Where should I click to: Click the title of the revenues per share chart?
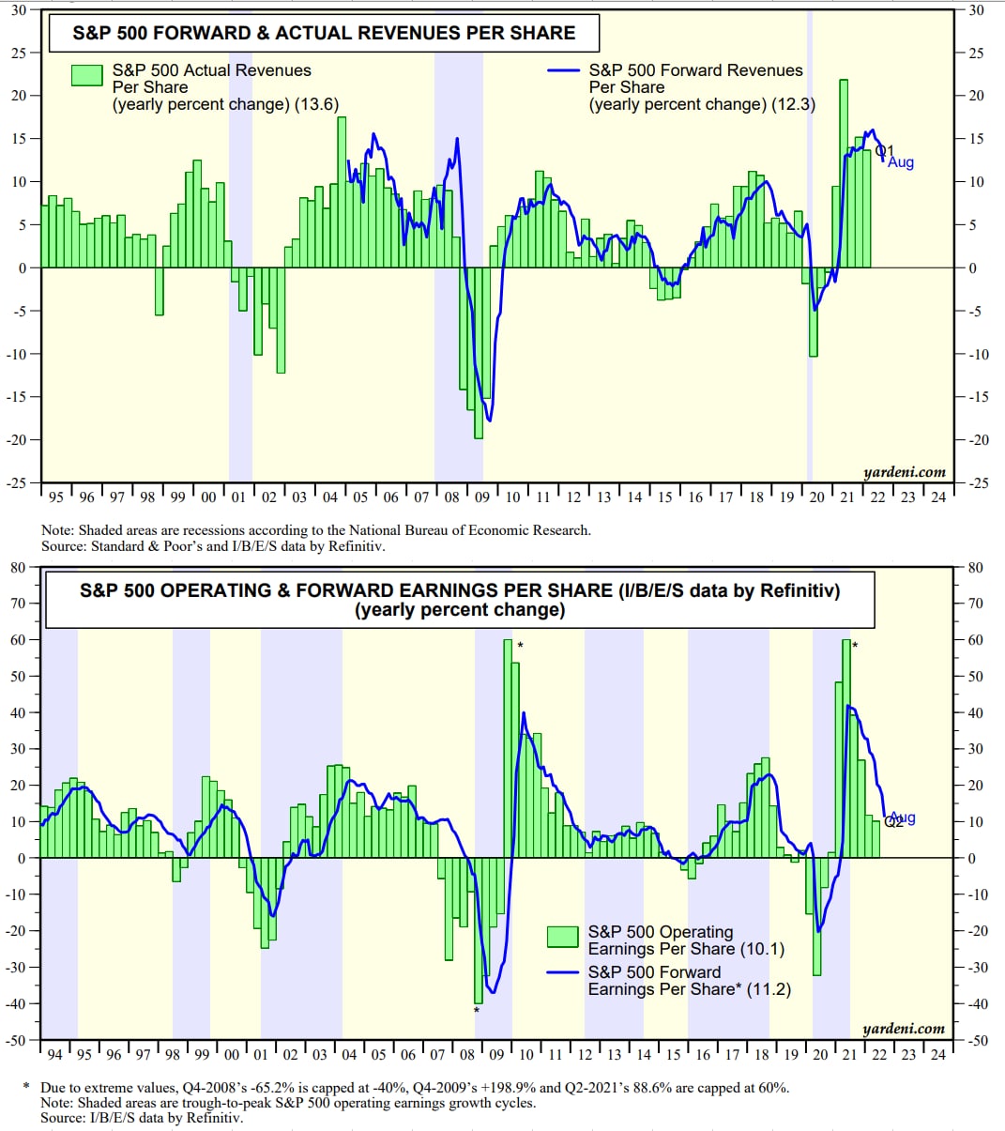click(324, 33)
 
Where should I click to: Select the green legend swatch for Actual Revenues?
click(87, 76)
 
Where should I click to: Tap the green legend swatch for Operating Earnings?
click(563, 936)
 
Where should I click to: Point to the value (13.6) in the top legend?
click(316, 104)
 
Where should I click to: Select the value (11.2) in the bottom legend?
click(769, 989)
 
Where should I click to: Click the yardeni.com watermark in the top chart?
click(904, 472)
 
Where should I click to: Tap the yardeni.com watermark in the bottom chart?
click(904, 1028)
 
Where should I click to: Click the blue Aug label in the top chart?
click(901, 162)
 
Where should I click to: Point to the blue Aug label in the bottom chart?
click(903, 818)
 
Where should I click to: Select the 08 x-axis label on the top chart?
click(450, 497)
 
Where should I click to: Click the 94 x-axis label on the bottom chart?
click(54, 1054)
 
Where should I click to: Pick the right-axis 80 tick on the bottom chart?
click(976, 567)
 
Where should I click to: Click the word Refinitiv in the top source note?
click(353, 546)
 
